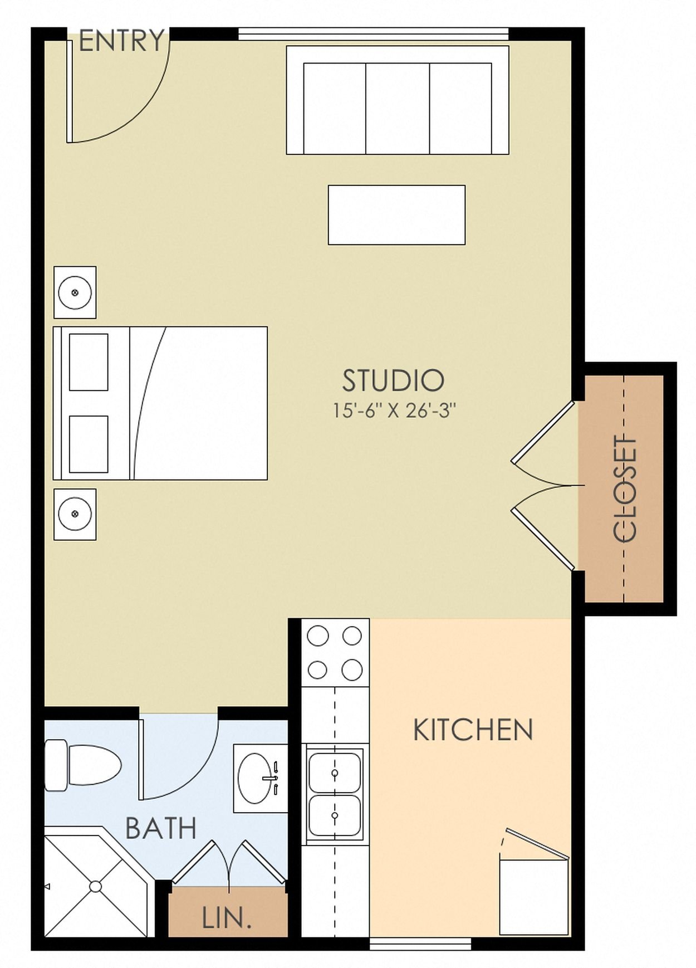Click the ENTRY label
tap(122, 41)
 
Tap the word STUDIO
tap(393, 381)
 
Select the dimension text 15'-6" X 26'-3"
tap(394, 411)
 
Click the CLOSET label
tap(625, 489)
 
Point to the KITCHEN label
tap(473, 730)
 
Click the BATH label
tap(161, 828)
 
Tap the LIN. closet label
tap(227, 918)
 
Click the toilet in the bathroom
tap(84, 765)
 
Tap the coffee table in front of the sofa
tap(396, 215)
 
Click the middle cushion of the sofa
tap(398, 109)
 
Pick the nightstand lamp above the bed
tap(75, 292)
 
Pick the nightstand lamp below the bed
tap(75, 514)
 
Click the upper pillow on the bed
tap(89, 363)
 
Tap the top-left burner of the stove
tap(318, 635)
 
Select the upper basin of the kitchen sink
tap(335, 773)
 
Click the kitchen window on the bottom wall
tap(420, 943)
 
